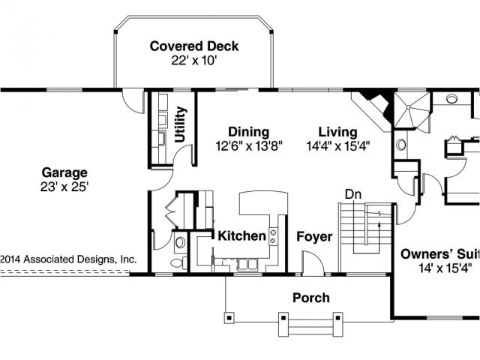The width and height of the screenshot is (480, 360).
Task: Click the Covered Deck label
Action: pos(194,46)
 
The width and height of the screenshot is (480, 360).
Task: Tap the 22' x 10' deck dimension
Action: pos(194,61)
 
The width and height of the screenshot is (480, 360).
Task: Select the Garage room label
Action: pos(64,173)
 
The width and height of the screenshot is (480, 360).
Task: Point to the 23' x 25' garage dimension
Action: pos(64,187)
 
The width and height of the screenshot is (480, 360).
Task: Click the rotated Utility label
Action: pos(180,124)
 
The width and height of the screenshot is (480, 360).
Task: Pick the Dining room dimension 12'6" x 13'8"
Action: pos(248,145)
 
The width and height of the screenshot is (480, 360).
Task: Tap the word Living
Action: pos(337,132)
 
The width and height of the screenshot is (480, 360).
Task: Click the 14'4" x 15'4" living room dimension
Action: pos(338,145)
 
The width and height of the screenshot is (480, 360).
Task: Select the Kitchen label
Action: pos(241,235)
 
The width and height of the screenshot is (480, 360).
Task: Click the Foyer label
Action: pos(314,237)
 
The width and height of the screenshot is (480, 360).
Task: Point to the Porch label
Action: pos(311,298)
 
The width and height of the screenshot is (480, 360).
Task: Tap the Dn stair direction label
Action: pos(353,194)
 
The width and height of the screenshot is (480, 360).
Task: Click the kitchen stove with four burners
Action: pos(273,237)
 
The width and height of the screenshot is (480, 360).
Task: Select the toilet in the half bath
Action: pos(179,263)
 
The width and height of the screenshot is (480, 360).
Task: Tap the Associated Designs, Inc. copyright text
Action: pos(68,259)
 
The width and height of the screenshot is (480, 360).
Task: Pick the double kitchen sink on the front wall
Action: pos(247,265)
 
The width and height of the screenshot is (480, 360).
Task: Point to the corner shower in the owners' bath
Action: pos(412,109)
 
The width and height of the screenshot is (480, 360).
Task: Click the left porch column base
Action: pos(229,317)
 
